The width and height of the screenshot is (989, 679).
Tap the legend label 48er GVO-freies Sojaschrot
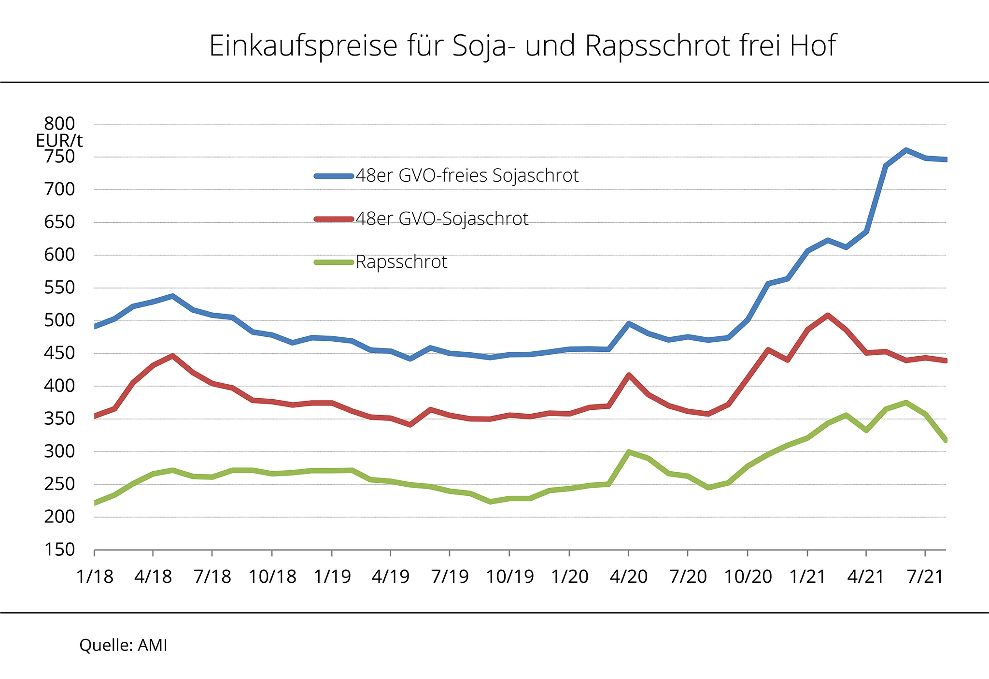466,175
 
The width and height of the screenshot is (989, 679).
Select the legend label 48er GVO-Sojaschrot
441,219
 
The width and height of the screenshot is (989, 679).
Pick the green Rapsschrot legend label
401,262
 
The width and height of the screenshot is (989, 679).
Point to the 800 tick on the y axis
60,124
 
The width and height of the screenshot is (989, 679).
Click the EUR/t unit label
59,141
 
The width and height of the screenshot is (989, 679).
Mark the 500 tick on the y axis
60,320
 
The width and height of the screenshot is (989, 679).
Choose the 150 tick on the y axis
60,549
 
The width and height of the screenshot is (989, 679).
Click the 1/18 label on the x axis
95,577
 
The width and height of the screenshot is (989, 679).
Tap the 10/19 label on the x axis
510,577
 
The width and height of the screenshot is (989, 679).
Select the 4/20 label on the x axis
629,577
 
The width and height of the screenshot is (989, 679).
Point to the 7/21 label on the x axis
925,577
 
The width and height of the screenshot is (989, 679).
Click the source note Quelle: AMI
123,645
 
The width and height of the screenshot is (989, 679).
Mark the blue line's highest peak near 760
906,150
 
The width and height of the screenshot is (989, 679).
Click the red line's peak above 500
828,315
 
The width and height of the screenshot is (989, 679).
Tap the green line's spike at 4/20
628,452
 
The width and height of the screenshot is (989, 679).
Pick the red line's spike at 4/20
628,375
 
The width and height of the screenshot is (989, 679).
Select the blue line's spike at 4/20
628,324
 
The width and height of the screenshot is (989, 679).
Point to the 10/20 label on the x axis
748,577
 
